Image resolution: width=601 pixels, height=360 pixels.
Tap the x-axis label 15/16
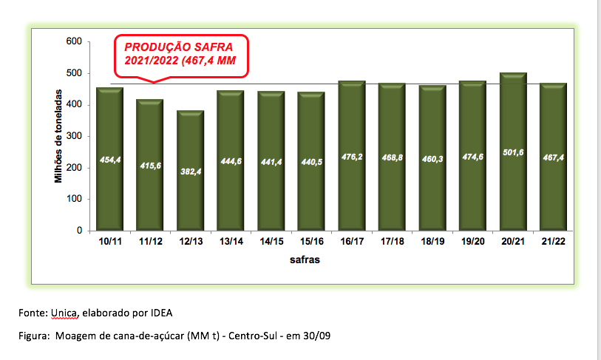(x=310, y=242)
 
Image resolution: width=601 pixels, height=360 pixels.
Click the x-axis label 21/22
(x=553, y=242)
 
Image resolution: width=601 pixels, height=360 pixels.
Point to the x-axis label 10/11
(x=109, y=242)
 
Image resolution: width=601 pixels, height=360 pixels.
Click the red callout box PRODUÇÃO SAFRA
(x=180, y=54)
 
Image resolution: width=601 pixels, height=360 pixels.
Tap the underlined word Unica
(x=63, y=313)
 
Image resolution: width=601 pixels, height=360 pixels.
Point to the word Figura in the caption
(x=33, y=336)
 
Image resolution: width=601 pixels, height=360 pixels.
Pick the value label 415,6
(x=149, y=166)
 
